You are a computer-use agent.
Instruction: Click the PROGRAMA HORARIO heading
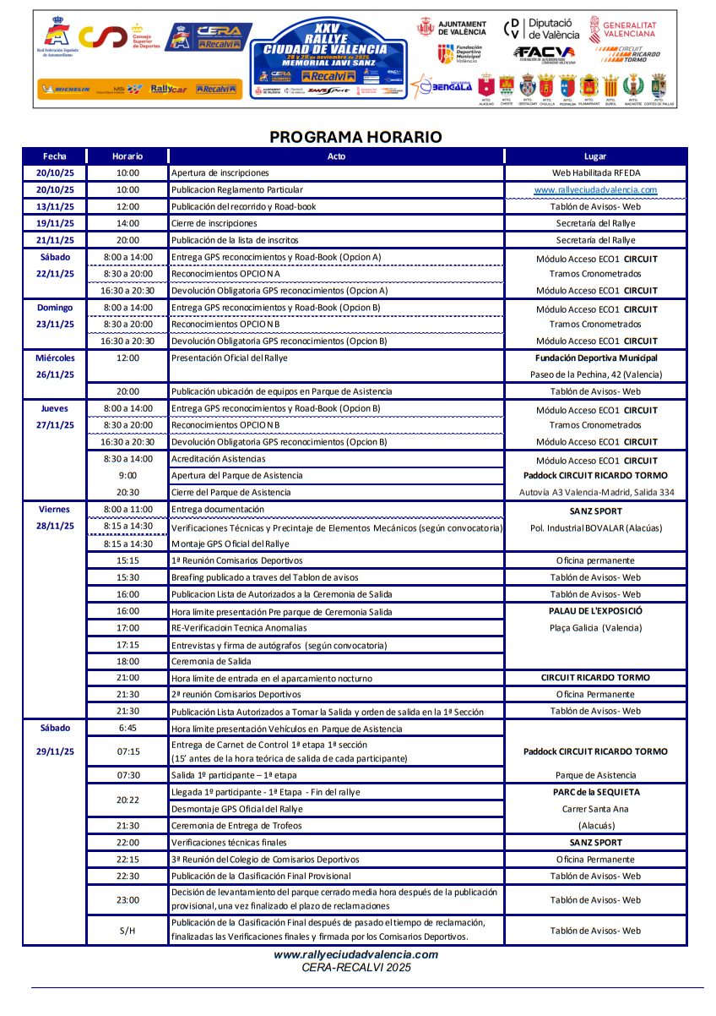(x=355, y=137)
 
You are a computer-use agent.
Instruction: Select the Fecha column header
(x=54, y=156)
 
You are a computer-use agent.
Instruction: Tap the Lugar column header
(x=594, y=156)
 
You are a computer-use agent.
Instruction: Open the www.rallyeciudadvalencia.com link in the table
(x=595, y=190)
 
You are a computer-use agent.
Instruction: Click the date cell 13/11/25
(x=54, y=206)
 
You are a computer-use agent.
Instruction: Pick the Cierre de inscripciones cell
(x=214, y=223)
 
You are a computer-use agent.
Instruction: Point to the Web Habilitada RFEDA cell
(x=595, y=173)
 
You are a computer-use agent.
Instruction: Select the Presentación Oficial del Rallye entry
(x=229, y=358)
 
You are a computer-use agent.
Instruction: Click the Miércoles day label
(x=55, y=358)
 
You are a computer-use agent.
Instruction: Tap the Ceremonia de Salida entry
(x=212, y=661)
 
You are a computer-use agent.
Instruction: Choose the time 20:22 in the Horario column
(x=127, y=800)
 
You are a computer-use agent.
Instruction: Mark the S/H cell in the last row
(x=127, y=931)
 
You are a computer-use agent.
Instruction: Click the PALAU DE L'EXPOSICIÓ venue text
(x=595, y=610)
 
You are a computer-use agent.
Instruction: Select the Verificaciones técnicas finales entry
(x=229, y=843)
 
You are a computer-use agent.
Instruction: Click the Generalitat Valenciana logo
(x=622, y=28)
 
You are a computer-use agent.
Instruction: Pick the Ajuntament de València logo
(x=453, y=27)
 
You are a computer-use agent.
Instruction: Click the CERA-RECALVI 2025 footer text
(x=355, y=967)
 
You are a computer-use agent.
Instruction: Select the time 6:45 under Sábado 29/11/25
(x=127, y=729)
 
